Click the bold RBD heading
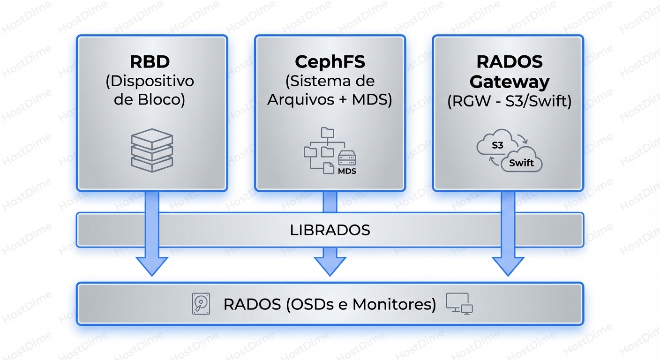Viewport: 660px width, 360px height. [x=150, y=62]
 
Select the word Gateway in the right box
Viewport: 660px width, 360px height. [x=509, y=82]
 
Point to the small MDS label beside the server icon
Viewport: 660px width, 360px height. [x=347, y=172]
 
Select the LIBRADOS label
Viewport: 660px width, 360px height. [x=330, y=230]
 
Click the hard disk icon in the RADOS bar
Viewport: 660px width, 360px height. [x=201, y=304]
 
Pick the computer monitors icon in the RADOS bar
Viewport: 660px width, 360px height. [x=459, y=303]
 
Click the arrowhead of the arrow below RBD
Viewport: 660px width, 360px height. [x=152, y=266]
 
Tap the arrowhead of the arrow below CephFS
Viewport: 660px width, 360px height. [x=330, y=266]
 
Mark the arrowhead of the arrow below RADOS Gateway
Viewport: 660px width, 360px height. [x=508, y=266]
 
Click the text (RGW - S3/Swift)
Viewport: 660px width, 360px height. [x=509, y=102]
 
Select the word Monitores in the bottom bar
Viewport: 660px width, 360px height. [x=394, y=304]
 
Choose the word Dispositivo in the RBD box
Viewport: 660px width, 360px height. [x=150, y=81]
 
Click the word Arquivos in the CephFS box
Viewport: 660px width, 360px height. [x=297, y=100]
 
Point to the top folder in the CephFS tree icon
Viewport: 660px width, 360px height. [x=326, y=133]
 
